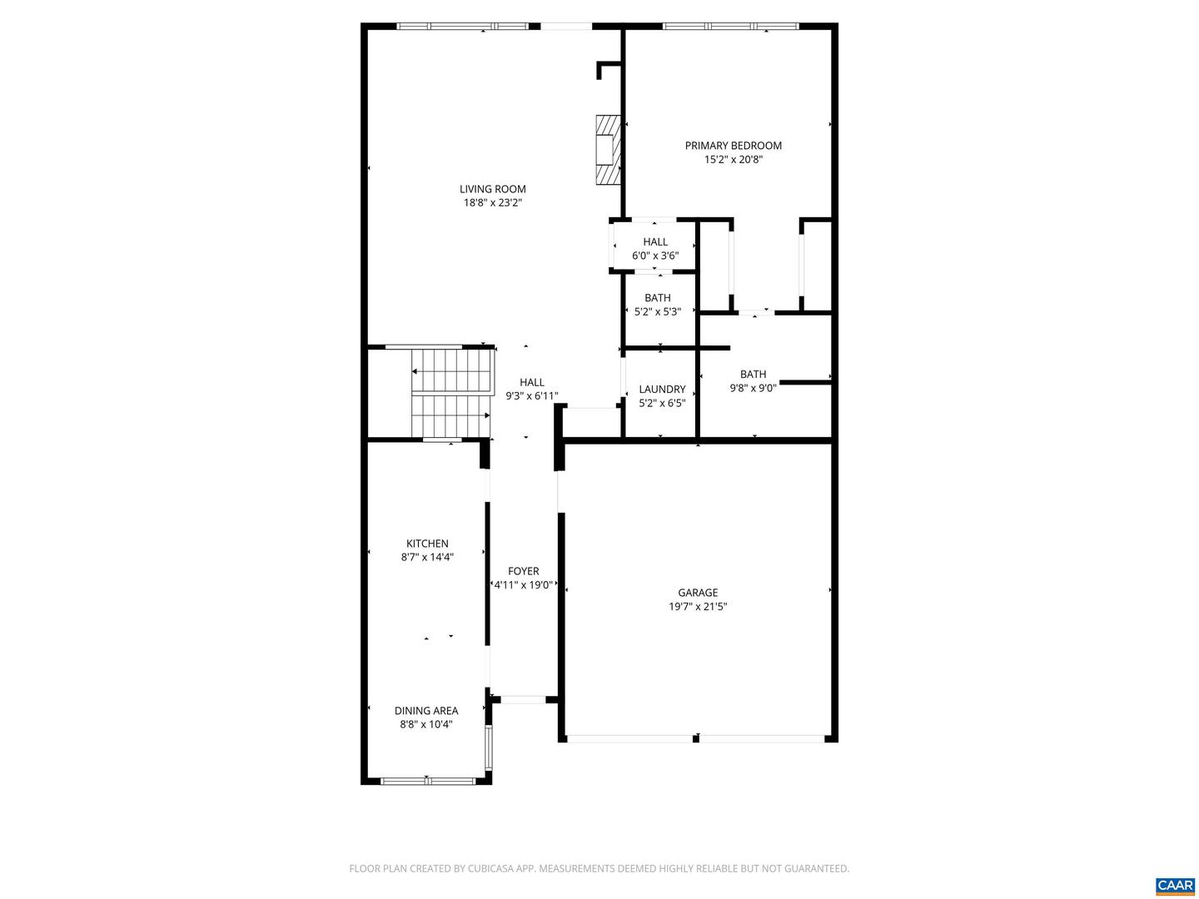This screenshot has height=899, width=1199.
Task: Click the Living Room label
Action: coord(493,189)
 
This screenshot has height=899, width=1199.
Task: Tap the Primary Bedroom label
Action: coord(733,146)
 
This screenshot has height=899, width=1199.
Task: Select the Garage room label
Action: coord(698,593)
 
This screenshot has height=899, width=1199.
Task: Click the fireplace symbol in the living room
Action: coord(608,149)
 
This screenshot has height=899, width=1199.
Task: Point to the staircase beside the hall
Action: coord(450,392)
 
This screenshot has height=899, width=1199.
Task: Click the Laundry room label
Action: coord(662,389)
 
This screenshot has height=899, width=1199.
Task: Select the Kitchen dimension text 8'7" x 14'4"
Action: coord(427,558)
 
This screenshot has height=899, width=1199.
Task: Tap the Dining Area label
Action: coord(426,710)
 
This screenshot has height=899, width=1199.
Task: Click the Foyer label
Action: coord(524,571)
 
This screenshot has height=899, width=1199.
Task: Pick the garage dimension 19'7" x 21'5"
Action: coord(698,607)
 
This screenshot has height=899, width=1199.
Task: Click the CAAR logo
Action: coord(1175,885)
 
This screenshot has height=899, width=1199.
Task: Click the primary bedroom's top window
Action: coord(730,27)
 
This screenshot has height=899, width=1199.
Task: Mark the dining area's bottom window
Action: coord(427,781)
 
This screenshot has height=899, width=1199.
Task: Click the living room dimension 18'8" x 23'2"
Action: coord(493,202)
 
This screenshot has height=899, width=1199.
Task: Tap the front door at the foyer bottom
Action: coord(523,699)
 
